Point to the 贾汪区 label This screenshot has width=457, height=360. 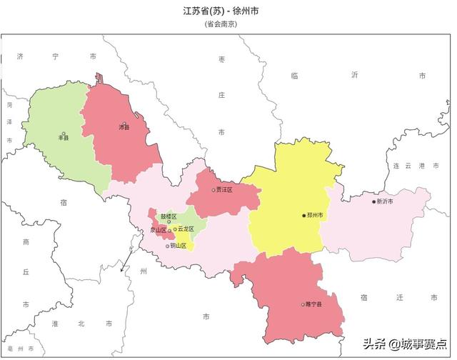[x=224, y=190]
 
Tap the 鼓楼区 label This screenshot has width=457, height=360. [x=169, y=216]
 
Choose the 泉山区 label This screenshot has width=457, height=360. [x=157, y=230]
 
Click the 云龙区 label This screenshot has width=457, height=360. [x=186, y=229]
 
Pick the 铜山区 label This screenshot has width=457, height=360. [x=178, y=246]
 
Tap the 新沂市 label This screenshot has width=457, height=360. [x=385, y=202]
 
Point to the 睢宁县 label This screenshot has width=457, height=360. [x=314, y=305]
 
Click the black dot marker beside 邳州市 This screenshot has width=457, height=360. [x=303, y=215]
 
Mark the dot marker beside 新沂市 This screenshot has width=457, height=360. [x=373, y=202]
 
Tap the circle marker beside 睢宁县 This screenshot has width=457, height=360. [x=303, y=305]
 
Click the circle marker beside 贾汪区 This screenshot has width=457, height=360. [x=213, y=190]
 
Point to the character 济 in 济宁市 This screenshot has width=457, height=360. [x=20, y=55]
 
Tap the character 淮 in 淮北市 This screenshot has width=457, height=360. [x=55, y=324]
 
